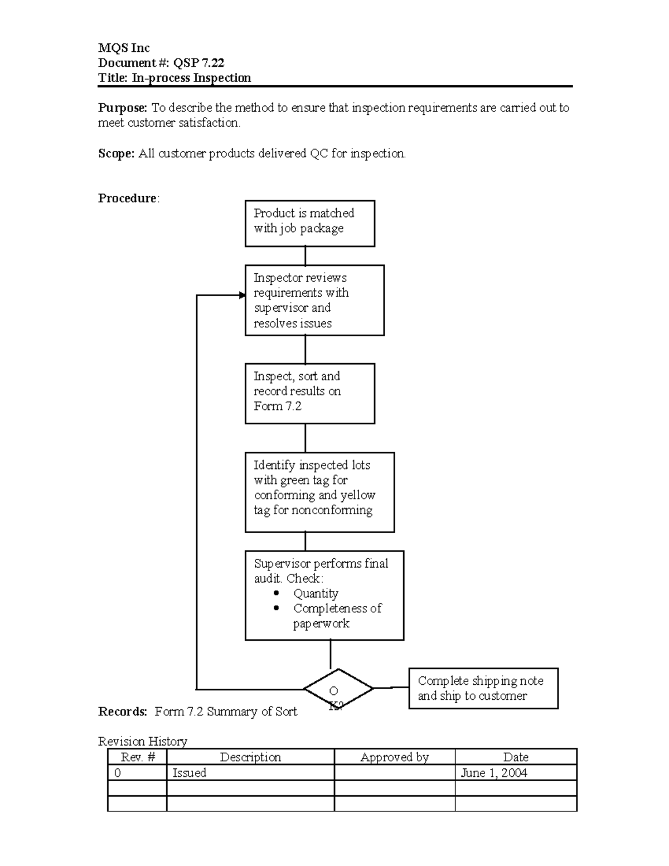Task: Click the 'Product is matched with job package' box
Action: point(309,223)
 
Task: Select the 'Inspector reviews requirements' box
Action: point(314,300)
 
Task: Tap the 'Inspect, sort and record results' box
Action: point(309,393)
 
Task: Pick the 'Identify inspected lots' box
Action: point(319,492)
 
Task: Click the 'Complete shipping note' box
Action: point(483,688)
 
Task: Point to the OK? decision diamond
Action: point(338,689)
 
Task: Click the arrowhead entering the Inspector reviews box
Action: point(242,295)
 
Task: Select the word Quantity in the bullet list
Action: point(316,593)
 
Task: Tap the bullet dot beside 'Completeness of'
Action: point(277,608)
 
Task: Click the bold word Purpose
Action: point(123,108)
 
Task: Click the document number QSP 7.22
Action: point(198,62)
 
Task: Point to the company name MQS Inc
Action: point(124,48)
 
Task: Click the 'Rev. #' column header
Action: point(137,757)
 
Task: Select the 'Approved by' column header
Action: point(394,757)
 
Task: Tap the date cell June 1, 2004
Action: point(493,772)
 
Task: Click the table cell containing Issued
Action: point(190,772)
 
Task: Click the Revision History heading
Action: point(142,741)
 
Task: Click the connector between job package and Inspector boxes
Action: point(305,255)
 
